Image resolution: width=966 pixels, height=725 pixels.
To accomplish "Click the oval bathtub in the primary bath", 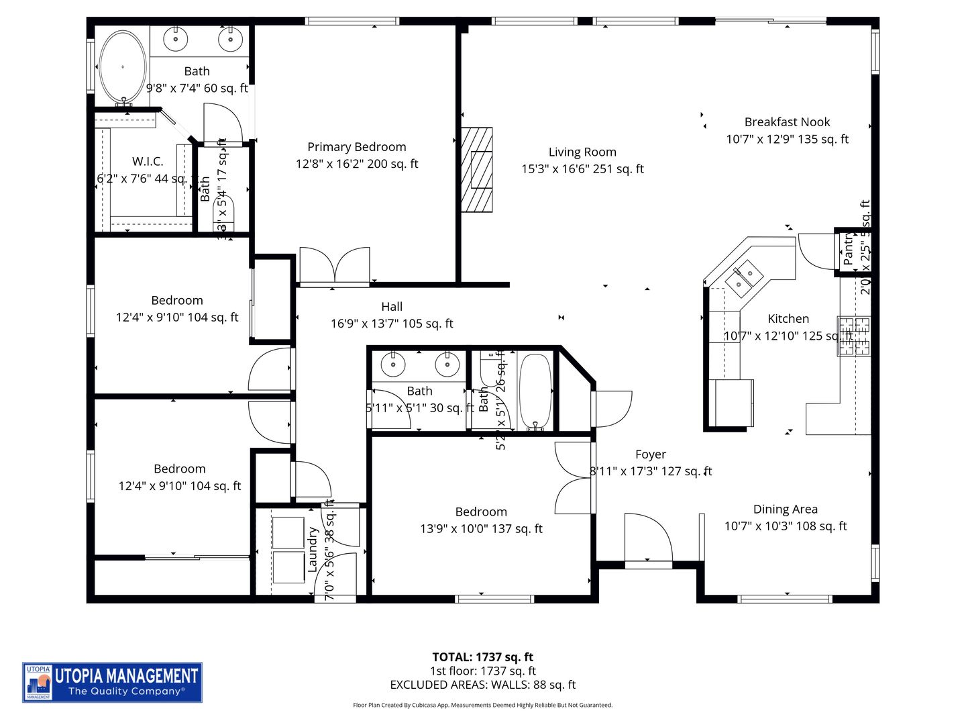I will (123, 66).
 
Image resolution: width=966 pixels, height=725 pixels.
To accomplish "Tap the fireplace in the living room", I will (477, 170).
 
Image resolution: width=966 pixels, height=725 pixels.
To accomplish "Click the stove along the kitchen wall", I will (854, 336).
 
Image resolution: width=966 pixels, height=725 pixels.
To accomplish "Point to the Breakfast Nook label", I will (787, 122).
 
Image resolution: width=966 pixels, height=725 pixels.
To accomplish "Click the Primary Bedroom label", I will (356, 147).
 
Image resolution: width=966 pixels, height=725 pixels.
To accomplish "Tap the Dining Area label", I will (785, 510).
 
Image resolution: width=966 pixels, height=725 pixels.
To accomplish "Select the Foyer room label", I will (650, 454).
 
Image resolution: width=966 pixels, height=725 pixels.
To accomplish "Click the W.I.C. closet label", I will (147, 162).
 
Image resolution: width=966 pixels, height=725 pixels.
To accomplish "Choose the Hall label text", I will (392, 307).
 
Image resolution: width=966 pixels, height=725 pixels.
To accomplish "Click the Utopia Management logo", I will (113, 682).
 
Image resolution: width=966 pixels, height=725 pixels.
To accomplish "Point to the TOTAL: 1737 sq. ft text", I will (482, 657).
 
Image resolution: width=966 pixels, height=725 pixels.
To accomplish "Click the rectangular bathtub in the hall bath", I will (535, 391).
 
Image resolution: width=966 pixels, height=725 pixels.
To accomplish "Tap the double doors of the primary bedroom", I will (335, 266).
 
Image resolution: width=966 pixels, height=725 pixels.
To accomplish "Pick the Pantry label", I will (848, 248).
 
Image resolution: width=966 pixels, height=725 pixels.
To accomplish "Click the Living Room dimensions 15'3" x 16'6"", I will (582, 169).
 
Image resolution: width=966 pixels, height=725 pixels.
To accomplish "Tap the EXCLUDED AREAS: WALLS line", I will (482, 685).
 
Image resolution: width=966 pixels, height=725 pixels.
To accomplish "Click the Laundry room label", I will (313, 549).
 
